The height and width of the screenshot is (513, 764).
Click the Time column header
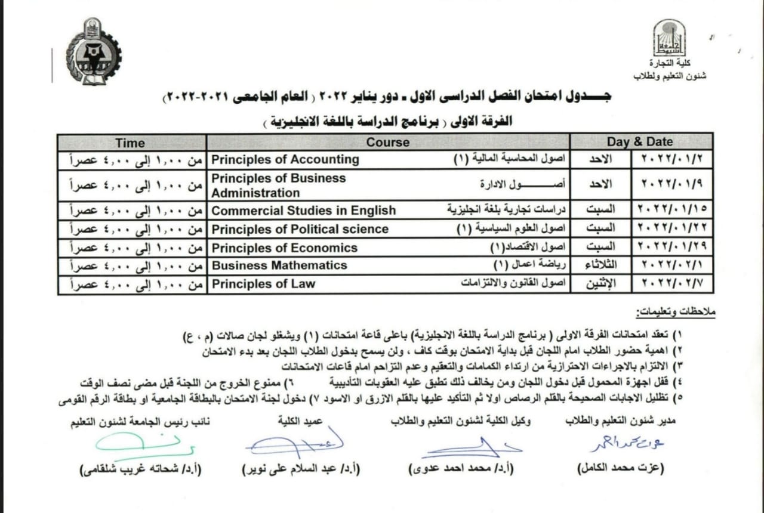[130, 143]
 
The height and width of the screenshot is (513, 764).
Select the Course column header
[388, 143]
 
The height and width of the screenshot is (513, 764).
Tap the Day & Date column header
[639, 142]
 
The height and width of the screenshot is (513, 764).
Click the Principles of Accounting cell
[285, 160]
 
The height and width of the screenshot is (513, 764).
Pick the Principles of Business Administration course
[278, 186]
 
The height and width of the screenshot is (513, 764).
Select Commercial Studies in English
[303, 211]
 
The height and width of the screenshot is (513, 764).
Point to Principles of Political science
[300, 230]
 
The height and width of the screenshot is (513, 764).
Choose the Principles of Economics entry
[284, 248]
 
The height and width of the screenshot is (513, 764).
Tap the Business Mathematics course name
[279, 265]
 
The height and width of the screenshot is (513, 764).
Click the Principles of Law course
[263, 284]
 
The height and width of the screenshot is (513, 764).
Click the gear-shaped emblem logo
[93, 52]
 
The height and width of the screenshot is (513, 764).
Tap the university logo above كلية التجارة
[668, 38]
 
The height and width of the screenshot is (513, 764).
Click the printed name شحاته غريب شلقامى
[141, 469]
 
